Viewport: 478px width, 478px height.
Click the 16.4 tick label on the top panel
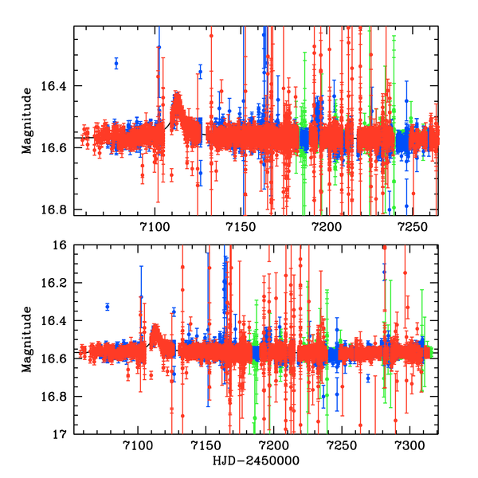(57, 86)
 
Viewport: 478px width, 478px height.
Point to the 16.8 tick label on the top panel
(57, 210)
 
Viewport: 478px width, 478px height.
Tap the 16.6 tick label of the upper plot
(57, 148)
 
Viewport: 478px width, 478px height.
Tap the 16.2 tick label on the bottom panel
(57, 284)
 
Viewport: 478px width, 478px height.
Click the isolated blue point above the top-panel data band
(116, 63)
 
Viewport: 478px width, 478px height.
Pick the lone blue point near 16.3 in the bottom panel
(107, 307)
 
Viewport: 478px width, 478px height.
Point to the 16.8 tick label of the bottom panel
(57, 397)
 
